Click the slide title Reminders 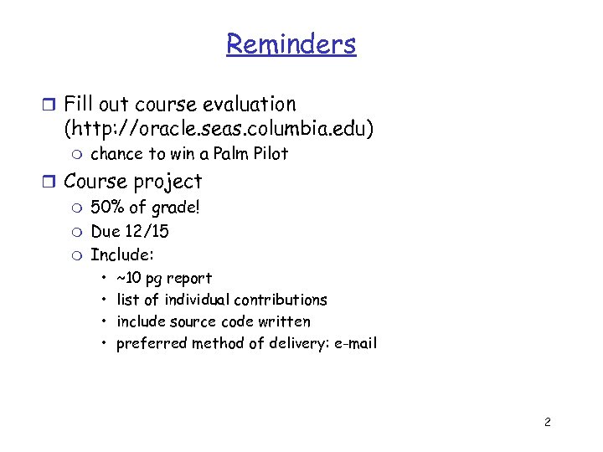(x=291, y=44)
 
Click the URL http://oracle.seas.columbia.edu (x=219, y=129)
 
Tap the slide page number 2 (x=547, y=422)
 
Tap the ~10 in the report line (x=129, y=278)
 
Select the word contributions (x=281, y=300)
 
